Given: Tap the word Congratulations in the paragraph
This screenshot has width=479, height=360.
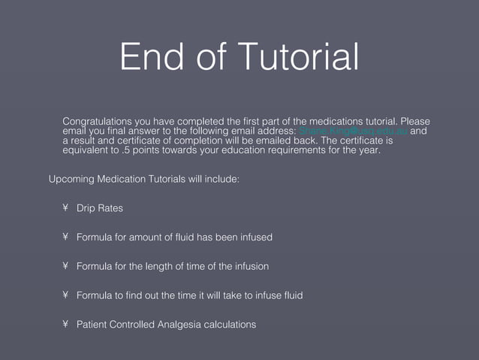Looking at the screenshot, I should click(x=97, y=121).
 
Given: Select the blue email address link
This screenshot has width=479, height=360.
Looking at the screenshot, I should click(x=353, y=131).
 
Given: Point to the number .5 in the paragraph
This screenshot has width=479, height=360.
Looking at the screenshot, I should click(x=128, y=150).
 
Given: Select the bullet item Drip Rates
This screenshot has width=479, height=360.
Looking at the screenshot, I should click(x=100, y=208).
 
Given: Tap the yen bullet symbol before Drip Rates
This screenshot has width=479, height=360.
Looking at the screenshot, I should click(x=66, y=208).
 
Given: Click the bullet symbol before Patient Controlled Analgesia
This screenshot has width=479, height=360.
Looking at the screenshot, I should click(x=66, y=325).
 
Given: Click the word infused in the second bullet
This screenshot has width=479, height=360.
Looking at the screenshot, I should click(x=255, y=237).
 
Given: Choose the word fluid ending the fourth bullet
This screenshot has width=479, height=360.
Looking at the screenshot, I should click(x=291, y=295).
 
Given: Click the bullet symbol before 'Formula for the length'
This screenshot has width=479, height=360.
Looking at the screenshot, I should click(x=66, y=266).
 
